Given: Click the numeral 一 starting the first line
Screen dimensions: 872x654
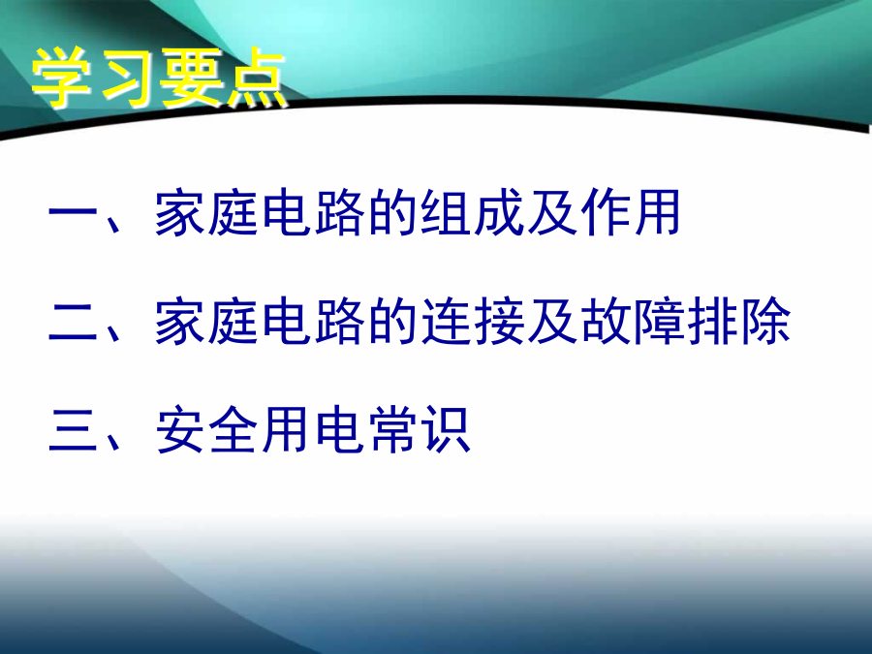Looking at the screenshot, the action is (x=73, y=212).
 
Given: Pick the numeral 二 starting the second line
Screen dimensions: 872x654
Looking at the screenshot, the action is (x=73, y=323).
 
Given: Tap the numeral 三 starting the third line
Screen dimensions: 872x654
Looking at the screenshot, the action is (x=73, y=430).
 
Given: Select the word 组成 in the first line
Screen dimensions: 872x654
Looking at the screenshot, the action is (x=472, y=212).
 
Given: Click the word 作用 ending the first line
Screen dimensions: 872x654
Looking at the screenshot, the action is (x=631, y=212).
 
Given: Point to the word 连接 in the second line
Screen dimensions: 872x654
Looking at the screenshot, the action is (x=472, y=322).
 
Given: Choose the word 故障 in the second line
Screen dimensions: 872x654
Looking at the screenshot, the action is (x=631, y=322).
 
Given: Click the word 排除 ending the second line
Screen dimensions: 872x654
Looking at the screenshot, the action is (x=738, y=322).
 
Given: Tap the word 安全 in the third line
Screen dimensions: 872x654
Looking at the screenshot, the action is (x=205, y=430).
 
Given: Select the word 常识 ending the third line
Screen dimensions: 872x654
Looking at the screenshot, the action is (x=420, y=430).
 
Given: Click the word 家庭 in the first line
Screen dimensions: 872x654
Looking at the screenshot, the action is (x=205, y=212).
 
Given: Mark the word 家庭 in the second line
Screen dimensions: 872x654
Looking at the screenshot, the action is (x=205, y=322).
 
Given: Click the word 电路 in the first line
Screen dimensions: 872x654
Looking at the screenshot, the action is (x=313, y=212).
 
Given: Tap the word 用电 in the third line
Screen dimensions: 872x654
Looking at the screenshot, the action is (x=313, y=430).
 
